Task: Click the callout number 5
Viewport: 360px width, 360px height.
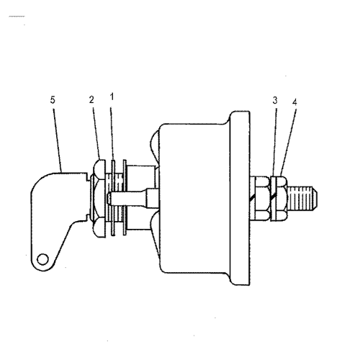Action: (53, 100)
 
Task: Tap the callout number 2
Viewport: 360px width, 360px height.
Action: (92, 100)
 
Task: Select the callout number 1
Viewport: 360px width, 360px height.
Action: (112, 96)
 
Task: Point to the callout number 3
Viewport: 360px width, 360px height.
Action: (275, 101)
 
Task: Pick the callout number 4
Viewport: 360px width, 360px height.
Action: (294, 102)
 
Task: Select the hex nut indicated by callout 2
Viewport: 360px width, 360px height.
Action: (99, 194)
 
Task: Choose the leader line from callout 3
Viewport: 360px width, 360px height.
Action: (274, 140)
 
